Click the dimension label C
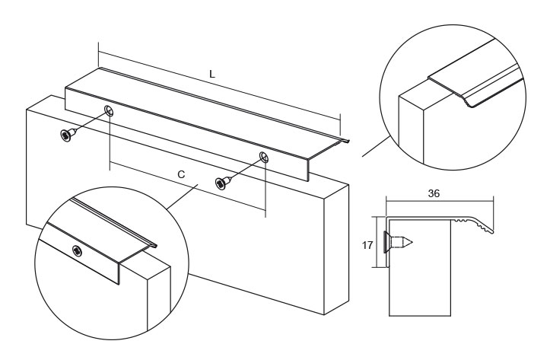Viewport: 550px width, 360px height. [x=181, y=174]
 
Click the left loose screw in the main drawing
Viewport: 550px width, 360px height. [x=66, y=135]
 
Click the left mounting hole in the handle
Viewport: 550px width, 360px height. [x=110, y=112]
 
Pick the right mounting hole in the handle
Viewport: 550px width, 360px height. [x=264, y=158]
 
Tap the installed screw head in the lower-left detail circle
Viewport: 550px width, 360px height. [x=78, y=250]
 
